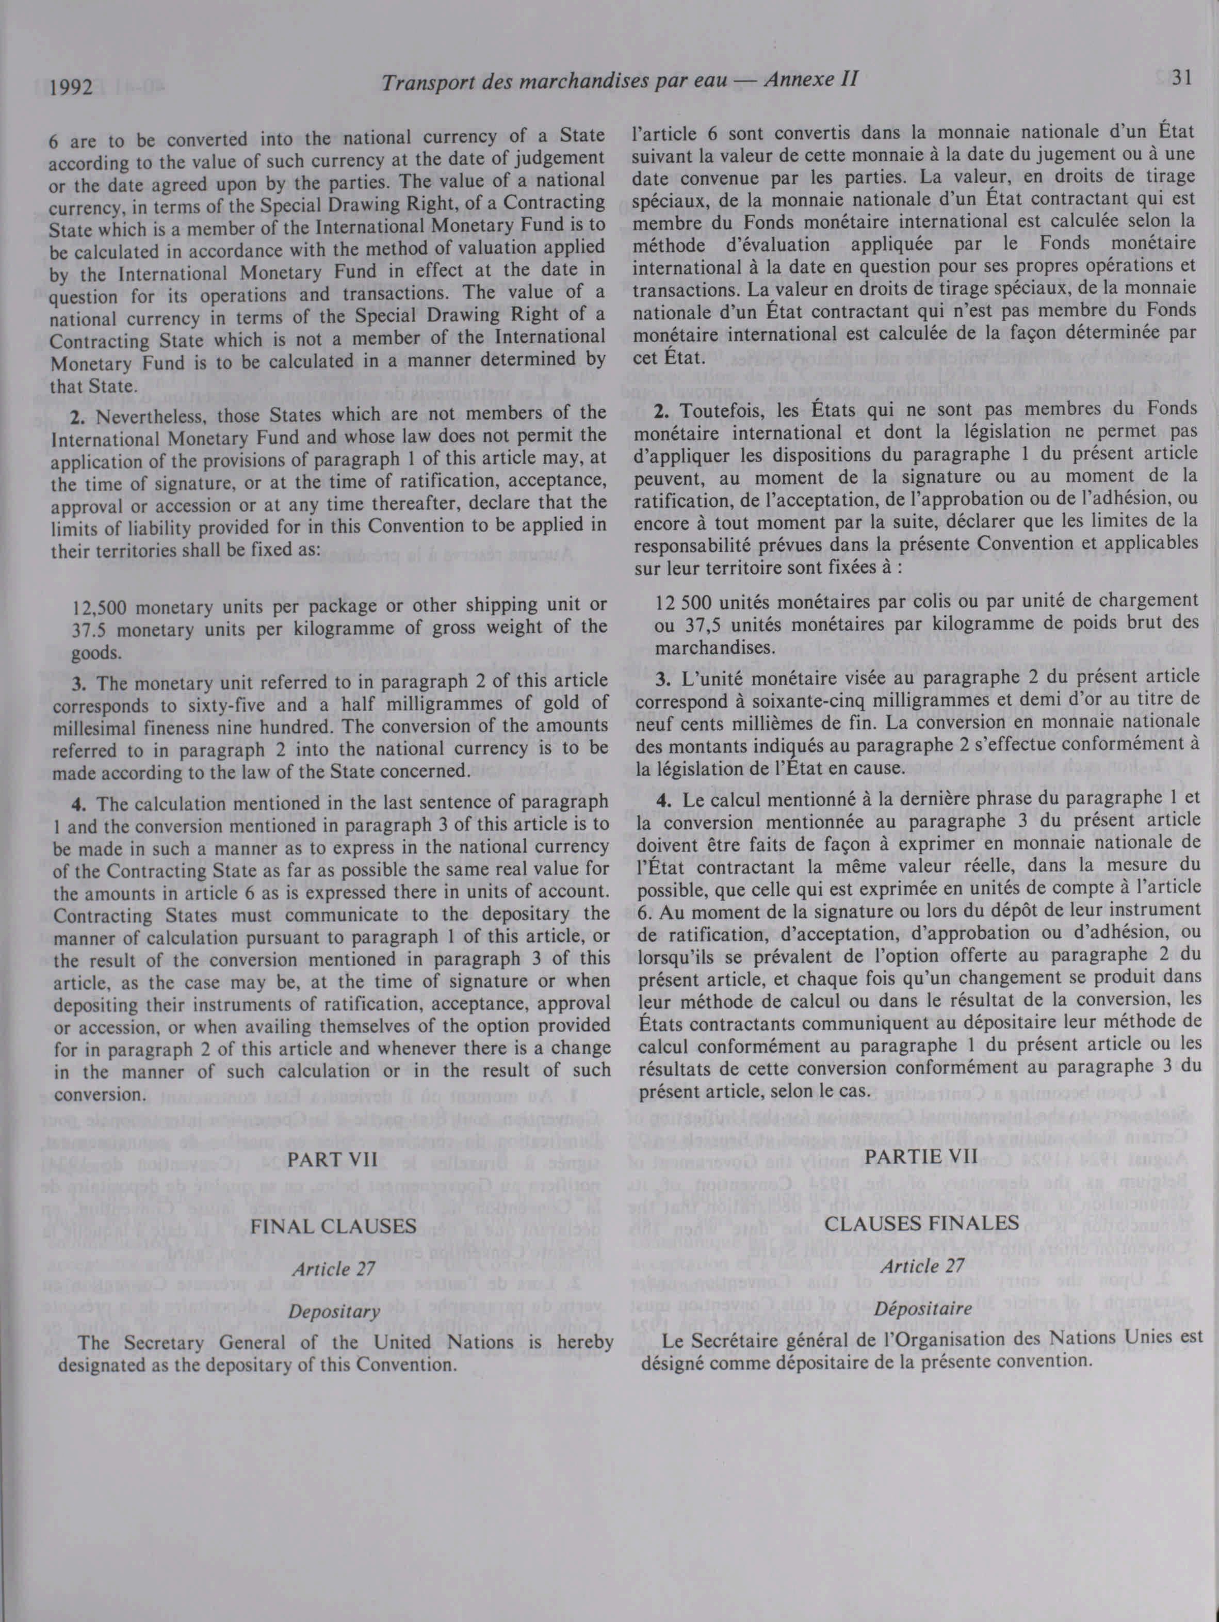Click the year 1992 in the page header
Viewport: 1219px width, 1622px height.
coord(72,89)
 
